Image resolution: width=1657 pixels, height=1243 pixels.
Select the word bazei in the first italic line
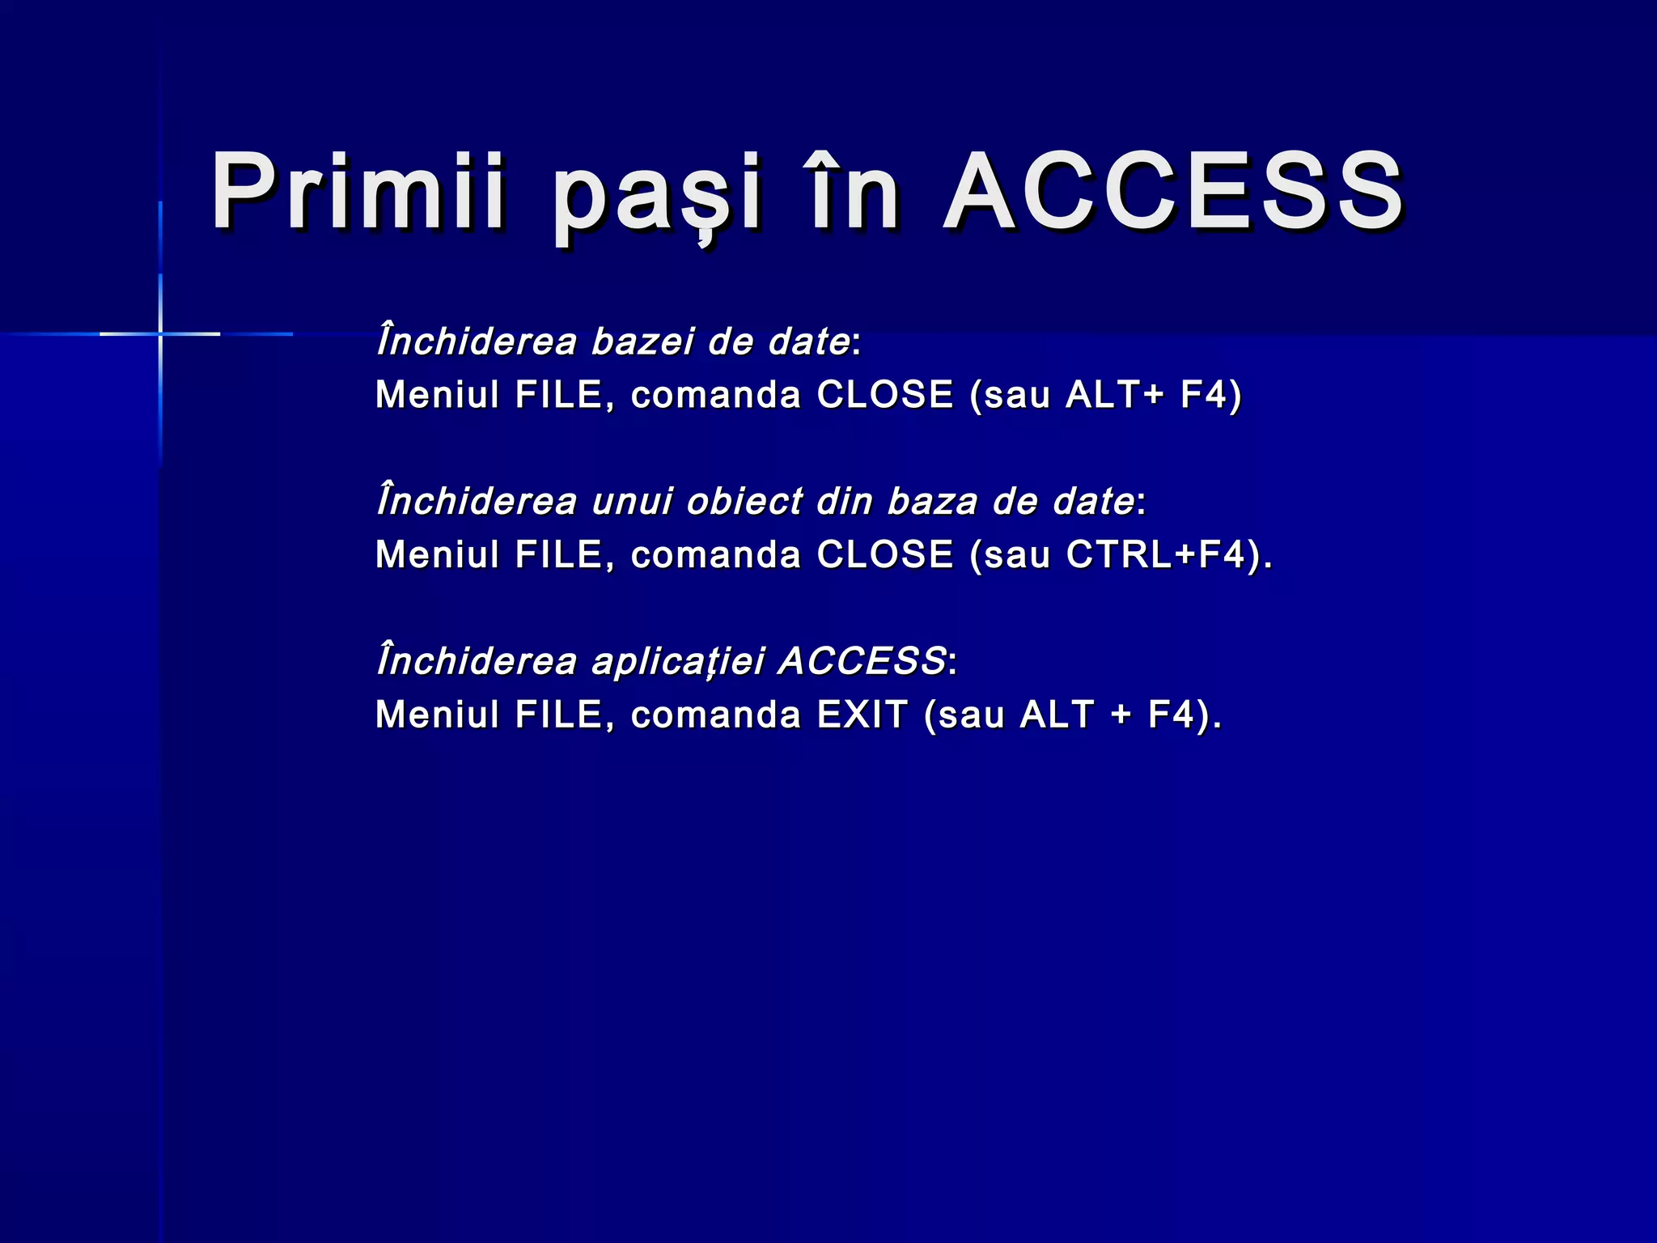tap(642, 342)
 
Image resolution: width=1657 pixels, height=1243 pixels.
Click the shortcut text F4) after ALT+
tap(1210, 395)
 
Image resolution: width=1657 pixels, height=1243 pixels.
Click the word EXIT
tap(862, 715)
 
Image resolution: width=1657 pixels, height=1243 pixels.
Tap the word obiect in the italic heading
tap(744, 502)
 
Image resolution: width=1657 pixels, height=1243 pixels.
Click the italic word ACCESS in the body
tap(862, 661)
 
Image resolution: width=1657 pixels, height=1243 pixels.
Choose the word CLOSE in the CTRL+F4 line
tap(885, 555)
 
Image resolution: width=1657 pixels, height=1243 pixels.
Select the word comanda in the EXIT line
tap(715, 715)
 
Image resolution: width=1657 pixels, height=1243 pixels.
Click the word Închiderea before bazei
tap(477, 341)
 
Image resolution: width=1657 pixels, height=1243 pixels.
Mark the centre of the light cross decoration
tap(160, 333)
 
